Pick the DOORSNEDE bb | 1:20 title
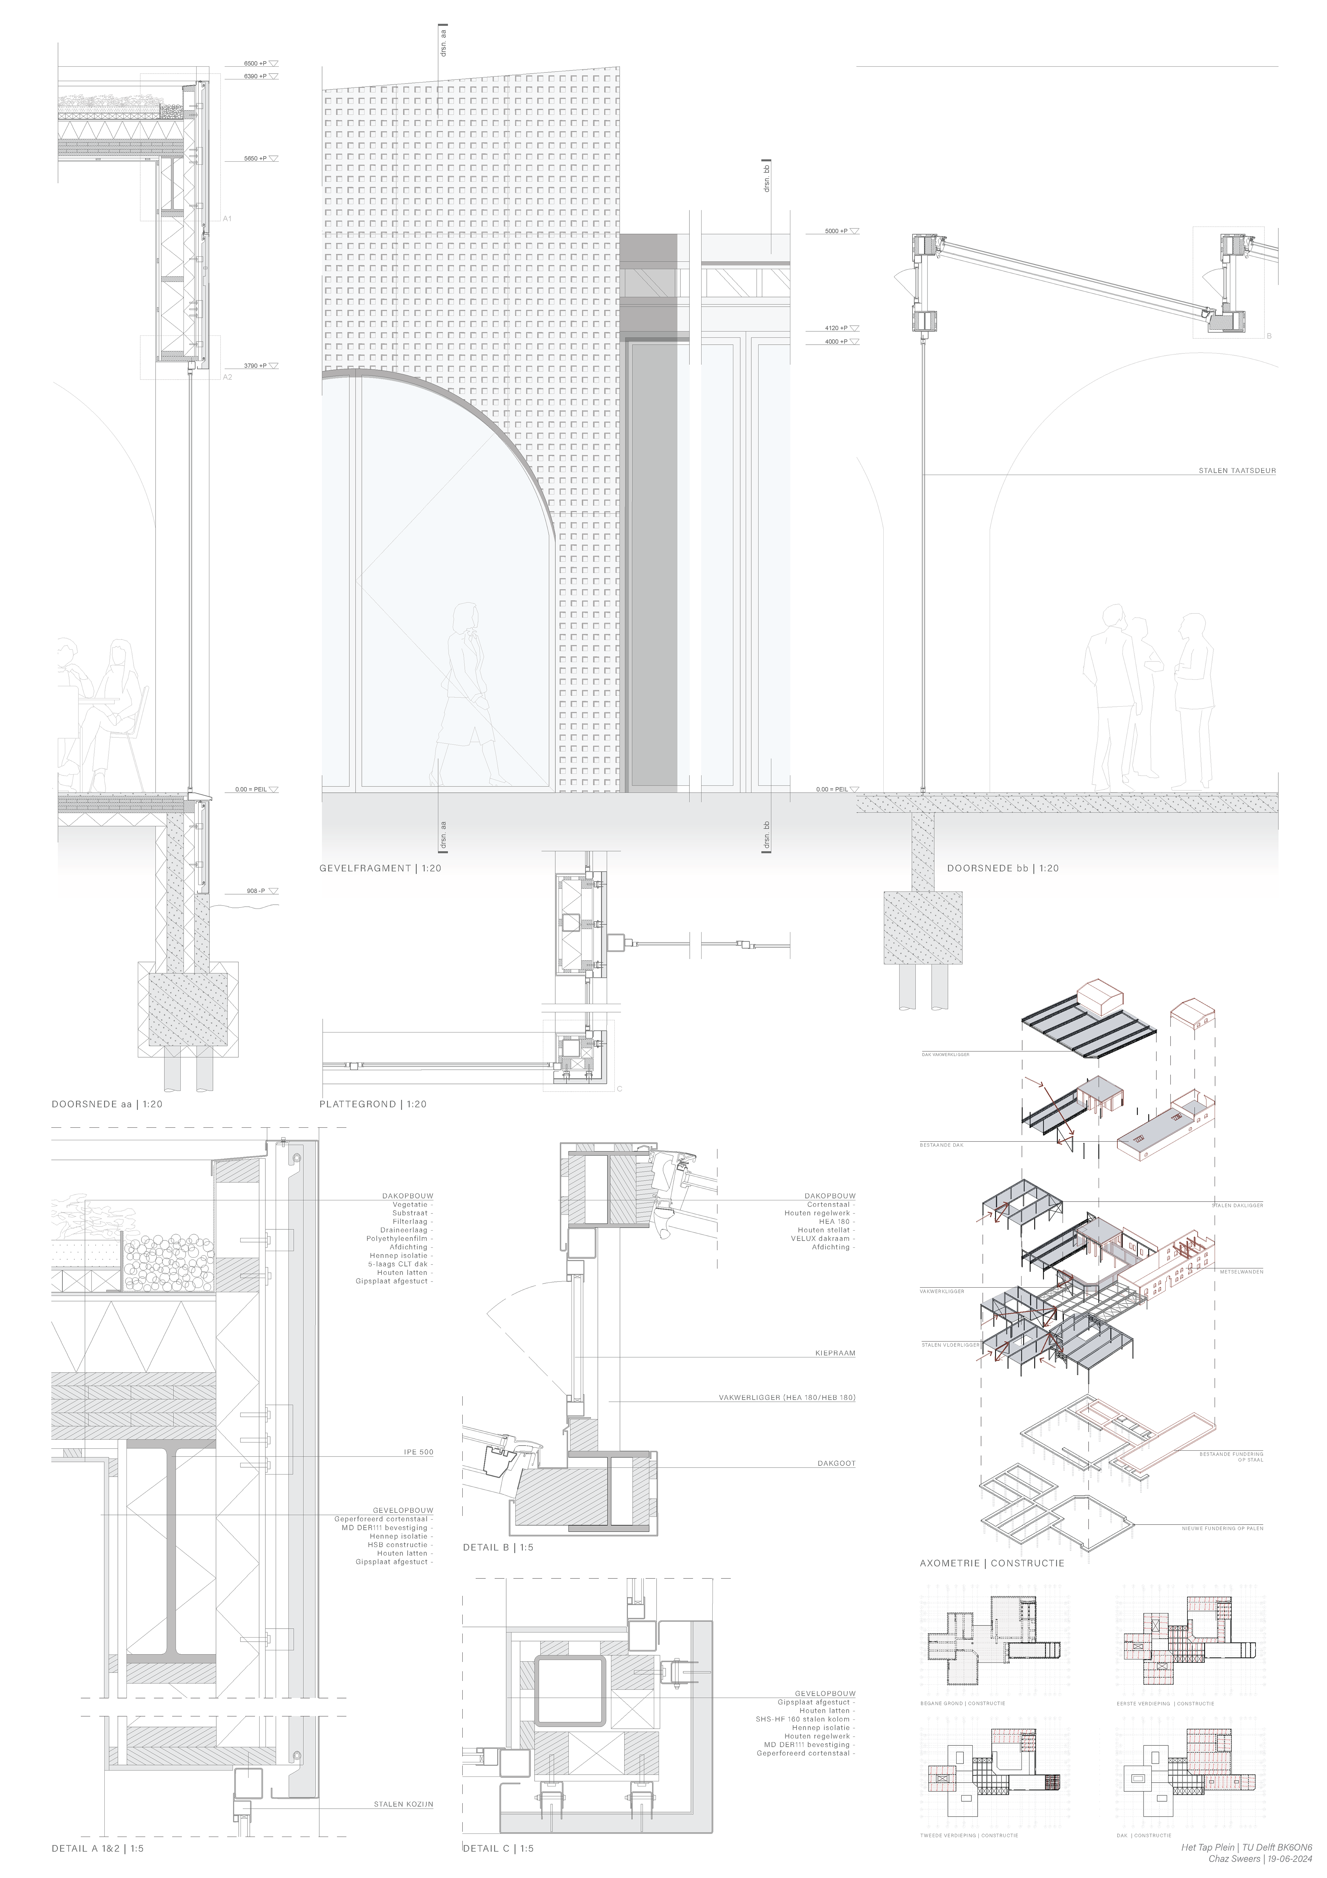pos(1002,868)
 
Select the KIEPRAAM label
pos(835,1353)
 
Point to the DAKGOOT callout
pos(836,1463)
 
